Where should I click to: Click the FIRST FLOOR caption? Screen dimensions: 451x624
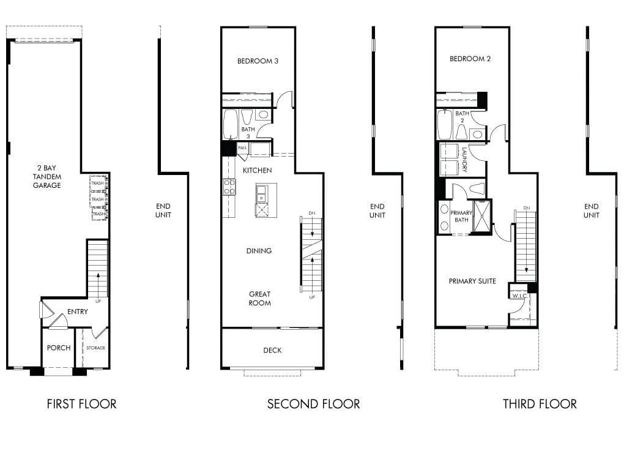[x=81, y=404]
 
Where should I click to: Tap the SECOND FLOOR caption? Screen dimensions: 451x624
[x=313, y=404]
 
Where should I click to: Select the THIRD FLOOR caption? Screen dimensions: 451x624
[x=540, y=404]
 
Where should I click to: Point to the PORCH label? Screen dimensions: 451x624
[x=59, y=348]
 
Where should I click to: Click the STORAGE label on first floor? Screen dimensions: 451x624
[x=95, y=348]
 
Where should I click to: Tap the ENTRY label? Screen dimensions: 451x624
[x=78, y=311]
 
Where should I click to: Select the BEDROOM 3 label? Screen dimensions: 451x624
[x=258, y=61]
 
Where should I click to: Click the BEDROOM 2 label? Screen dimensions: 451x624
[x=470, y=59]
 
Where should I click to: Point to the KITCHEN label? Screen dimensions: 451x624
[x=257, y=170]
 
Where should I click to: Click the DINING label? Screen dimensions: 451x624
[x=259, y=251]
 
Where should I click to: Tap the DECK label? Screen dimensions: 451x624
[x=272, y=351]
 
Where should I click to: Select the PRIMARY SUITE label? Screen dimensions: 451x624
[x=472, y=281]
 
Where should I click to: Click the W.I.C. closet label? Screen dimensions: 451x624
[x=519, y=296]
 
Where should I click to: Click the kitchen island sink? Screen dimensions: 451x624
[x=262, y=193]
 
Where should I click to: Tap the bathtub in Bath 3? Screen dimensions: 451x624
[x=230, y=125]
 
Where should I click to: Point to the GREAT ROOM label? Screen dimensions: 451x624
[x=259, y=299]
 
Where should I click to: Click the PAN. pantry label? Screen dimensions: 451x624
[x=242, y=148]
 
